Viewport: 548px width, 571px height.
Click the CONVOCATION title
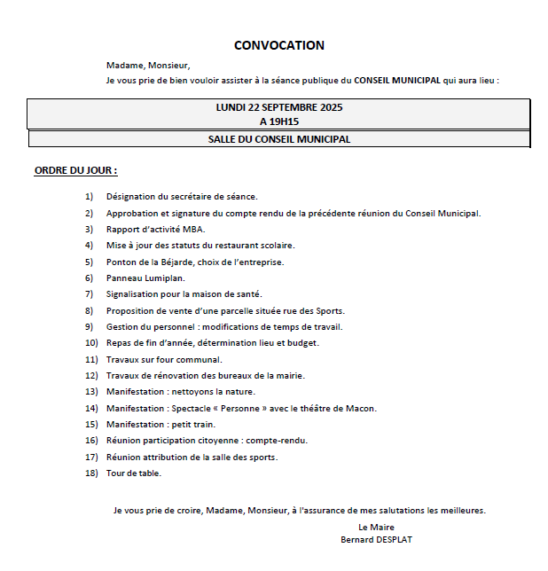pos(279,45)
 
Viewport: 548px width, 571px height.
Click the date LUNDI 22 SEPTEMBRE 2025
pos(279,107)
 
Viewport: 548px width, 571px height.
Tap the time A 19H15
pos(279,121)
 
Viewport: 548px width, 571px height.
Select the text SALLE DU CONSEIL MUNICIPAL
pos(279,139)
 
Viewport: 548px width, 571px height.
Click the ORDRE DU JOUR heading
pos(75,169)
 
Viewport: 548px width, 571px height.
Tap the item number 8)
pos(89,310)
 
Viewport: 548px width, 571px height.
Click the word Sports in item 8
pos(329,310)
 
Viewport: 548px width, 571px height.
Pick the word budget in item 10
pos(304,342)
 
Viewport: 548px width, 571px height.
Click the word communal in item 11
pos(201,359)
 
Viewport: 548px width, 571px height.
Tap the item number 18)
pos(89,473)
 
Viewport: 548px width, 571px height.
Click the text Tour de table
pos(134,473)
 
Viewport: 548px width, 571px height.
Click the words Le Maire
pos(376,527)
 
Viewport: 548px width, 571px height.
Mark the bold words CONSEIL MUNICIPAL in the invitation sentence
pos(397,80)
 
